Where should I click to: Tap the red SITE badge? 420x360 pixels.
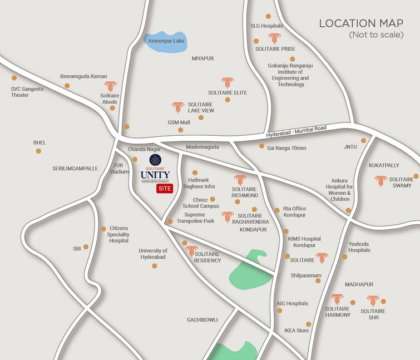coord(164,190)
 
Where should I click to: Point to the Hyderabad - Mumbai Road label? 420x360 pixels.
coord(296,131)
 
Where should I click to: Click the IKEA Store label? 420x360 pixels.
coord(296,331)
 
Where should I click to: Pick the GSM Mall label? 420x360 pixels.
coord(179,122)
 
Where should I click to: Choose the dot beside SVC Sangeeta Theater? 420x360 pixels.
coord(14,78)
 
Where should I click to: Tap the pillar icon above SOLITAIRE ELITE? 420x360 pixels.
coord(227,83)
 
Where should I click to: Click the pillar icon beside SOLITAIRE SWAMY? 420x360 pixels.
coord(381,181)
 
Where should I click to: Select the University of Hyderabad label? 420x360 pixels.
coord(153,254)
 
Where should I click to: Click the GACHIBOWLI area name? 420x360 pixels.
coord(202,319)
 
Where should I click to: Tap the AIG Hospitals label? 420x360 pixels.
coord(293,303)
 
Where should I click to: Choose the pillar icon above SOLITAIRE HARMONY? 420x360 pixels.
coord(337,299)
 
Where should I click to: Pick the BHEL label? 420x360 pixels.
coord(39,142)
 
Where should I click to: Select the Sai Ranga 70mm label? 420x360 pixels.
coord(286,147)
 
